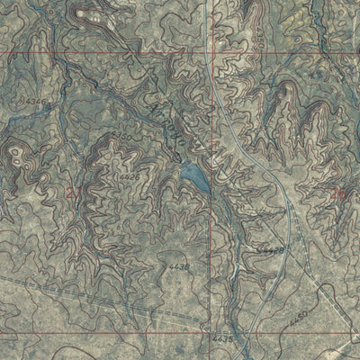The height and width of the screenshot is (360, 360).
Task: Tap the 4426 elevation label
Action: pyautogui.click(x=130, y=178)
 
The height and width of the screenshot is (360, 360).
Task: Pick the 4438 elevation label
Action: pyautogui.click(x=179, y=267)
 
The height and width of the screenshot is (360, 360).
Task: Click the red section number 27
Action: pyautogui.click(x=75, y=192)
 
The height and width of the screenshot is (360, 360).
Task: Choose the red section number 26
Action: pyautogui.click(x=338, y=192)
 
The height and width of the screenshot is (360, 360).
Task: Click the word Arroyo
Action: pyautogui.click(x=167, y=124)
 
